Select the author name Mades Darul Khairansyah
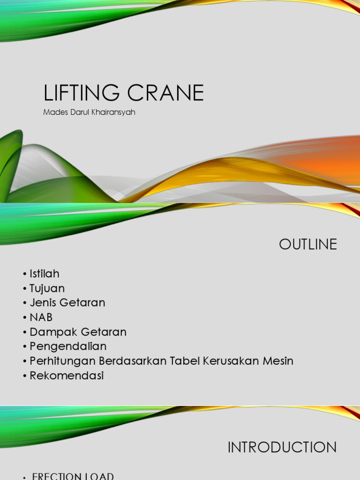coord(90,112)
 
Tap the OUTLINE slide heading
coord(308,244)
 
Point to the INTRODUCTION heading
coord(282,447)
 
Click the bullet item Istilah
coord(45,274)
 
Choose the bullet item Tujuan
coord(47,288)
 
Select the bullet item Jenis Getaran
coord(67,303)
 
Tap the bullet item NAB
coord(41,317)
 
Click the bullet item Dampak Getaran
coord(78,332)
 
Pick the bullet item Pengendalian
coord(68,346)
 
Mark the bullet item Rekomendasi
coord(67,375)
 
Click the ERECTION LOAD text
coord(73,476)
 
